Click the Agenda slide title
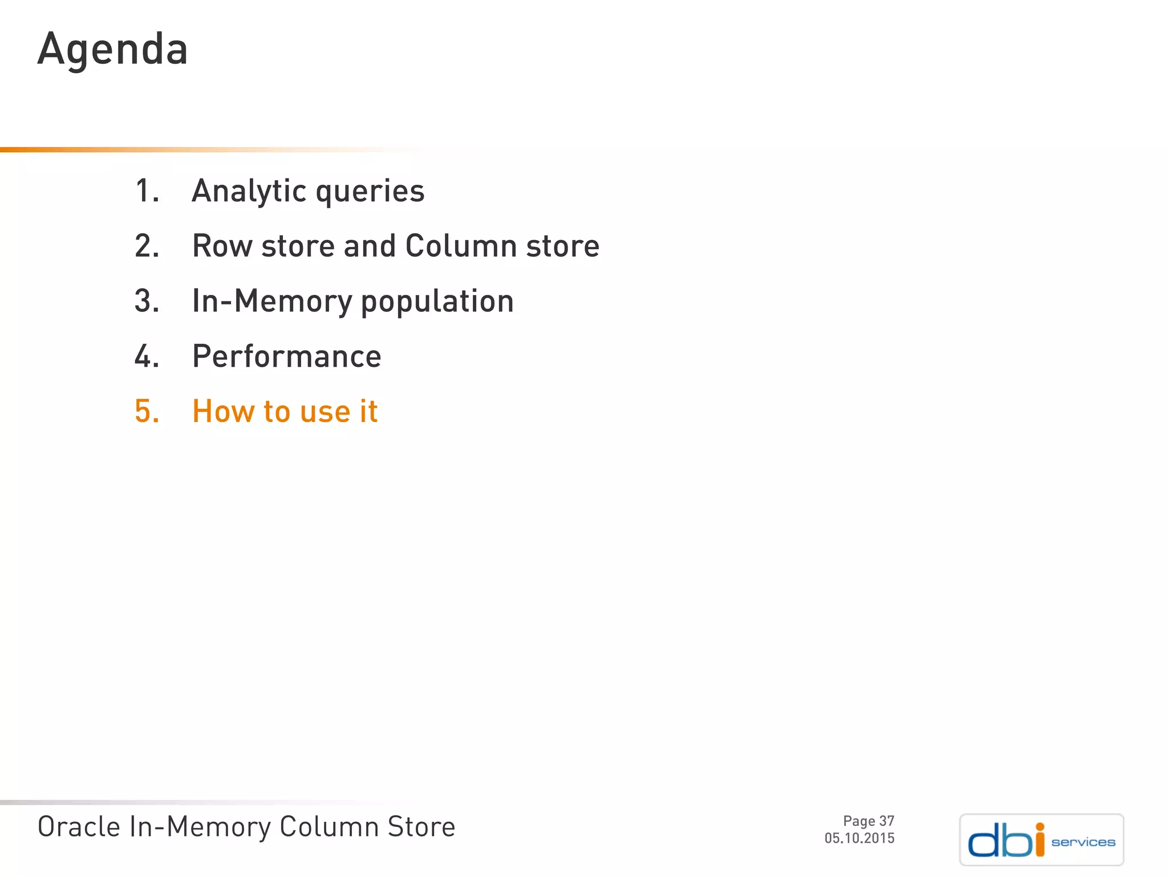(x=112, y=50)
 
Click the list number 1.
(x=146, y=190)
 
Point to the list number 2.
(x=147, y=246)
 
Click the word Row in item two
(x=222, y=246)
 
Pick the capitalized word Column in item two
(x=461, y=246)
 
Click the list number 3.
(x=147, y=301)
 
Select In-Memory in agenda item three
(x=271, y=301)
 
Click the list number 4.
(x=147, y=356)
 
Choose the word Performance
(x=286, y=356)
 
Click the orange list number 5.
(x=147, y=411)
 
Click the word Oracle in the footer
(x=79, y=827)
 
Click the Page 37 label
(x=868, y=821)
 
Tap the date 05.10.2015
(x=859, y=838)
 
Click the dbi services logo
(x=1041, y=840)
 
